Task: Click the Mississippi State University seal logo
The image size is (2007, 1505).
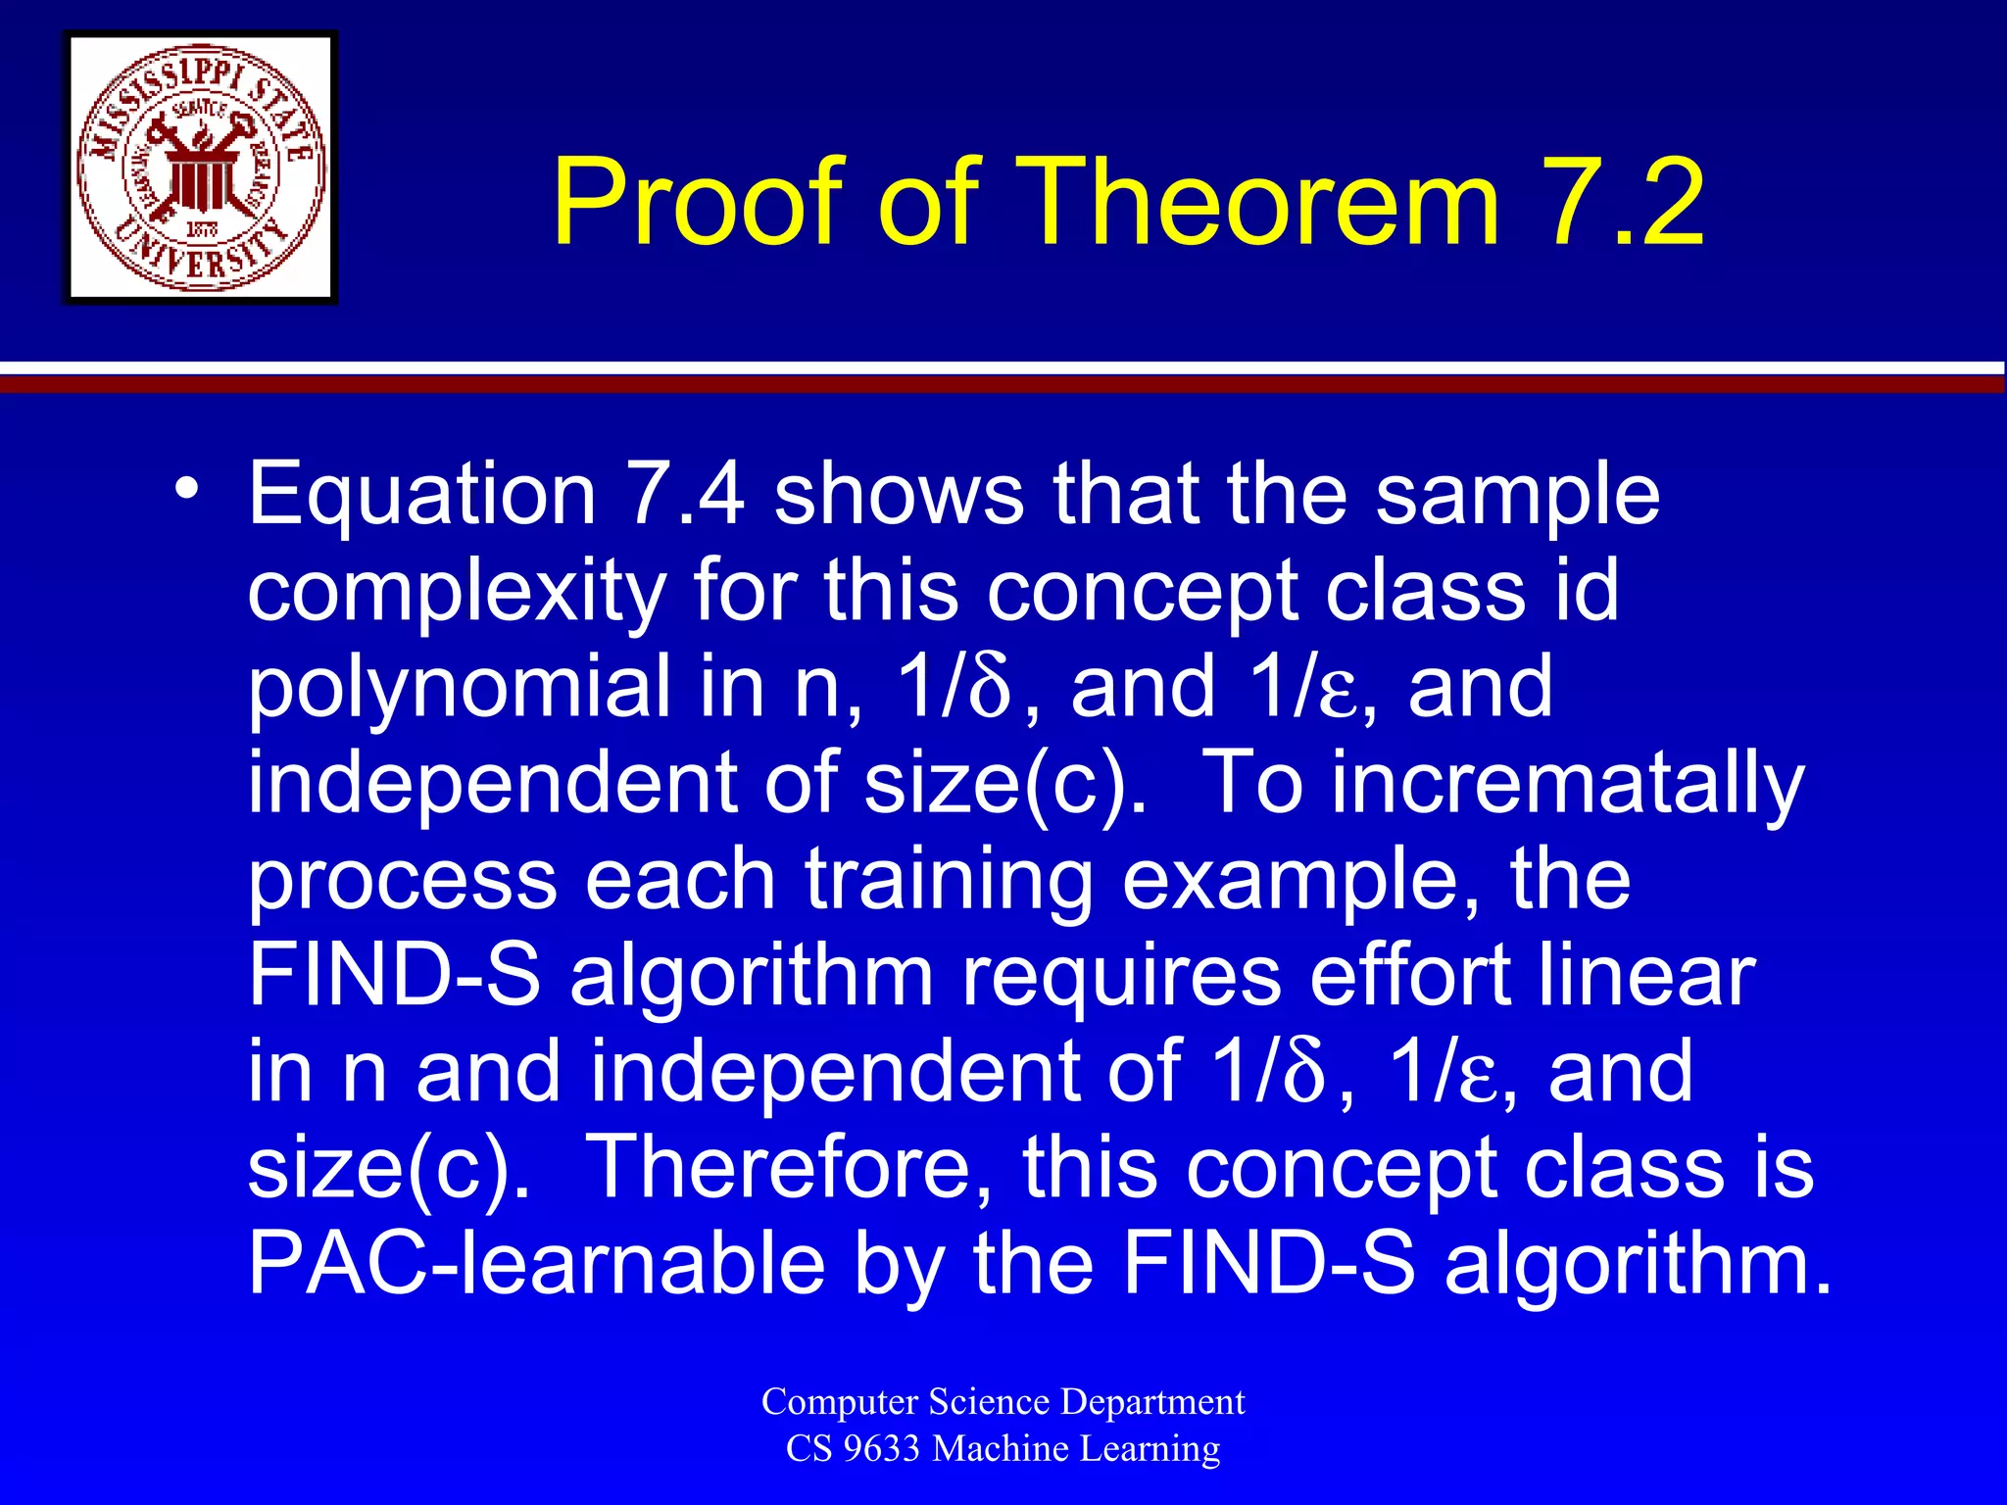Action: coord(201,168)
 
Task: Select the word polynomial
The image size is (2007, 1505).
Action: coord(459,688)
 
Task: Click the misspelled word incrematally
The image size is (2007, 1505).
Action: coord(1567,784)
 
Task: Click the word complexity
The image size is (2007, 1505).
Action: coord(457,592)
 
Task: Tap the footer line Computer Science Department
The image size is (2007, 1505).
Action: coord(1003,1401)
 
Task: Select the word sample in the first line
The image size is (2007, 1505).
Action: coord(1517,495)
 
